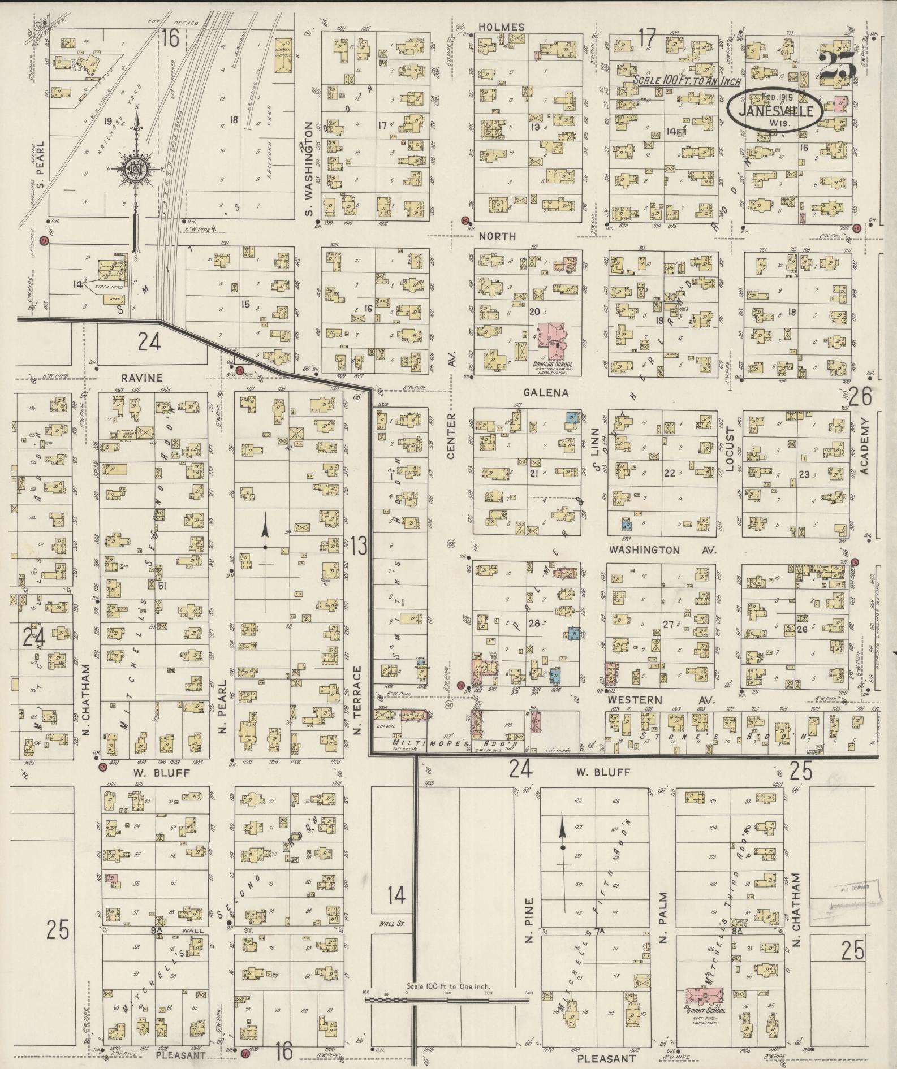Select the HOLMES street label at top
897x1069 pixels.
501,27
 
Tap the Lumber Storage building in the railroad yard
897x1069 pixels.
283,55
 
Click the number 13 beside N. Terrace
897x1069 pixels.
358,546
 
